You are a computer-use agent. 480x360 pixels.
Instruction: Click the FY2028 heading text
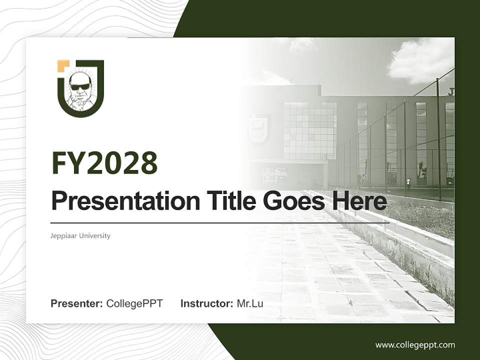pyautogui.click(x=104, y=162)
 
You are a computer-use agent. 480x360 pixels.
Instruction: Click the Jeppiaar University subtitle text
pyautogui.click(x=80, y=235)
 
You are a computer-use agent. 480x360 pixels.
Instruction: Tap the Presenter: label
pyautogui.click(x=76, y=303)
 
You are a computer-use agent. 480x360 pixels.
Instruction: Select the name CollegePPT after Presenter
pyautogui.click(x=134, y=303)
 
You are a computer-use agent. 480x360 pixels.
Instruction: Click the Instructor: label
pyautogui.click(x=206, y=303)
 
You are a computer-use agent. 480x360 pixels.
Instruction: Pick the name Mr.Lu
pyautogui.click(x=250, y=303)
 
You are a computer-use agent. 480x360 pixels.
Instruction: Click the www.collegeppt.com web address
pyautogui.click(x=415, y=344)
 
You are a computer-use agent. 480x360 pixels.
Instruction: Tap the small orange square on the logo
pyautogui.click(x=63, y=65)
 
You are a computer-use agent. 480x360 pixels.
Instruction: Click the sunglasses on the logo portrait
pyautogui.click(x=80, y=86)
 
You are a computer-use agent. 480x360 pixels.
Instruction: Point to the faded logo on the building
pyautogui.click(x=258, y=128)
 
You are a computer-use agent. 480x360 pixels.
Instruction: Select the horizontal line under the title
pyautogui.click(x=220, y=223)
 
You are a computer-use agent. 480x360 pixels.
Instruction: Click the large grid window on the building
pyautogui.click(x=310, y=130)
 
